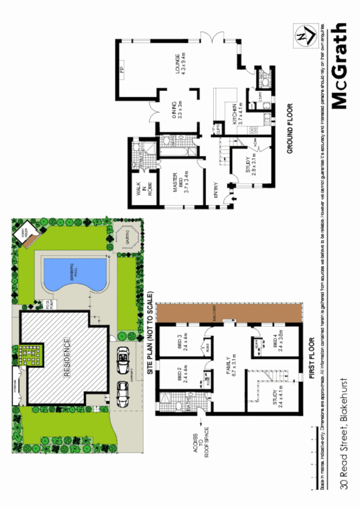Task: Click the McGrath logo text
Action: coord(340,66)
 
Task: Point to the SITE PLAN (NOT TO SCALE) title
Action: coord(151,334)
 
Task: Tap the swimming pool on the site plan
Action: coord(75,276)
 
